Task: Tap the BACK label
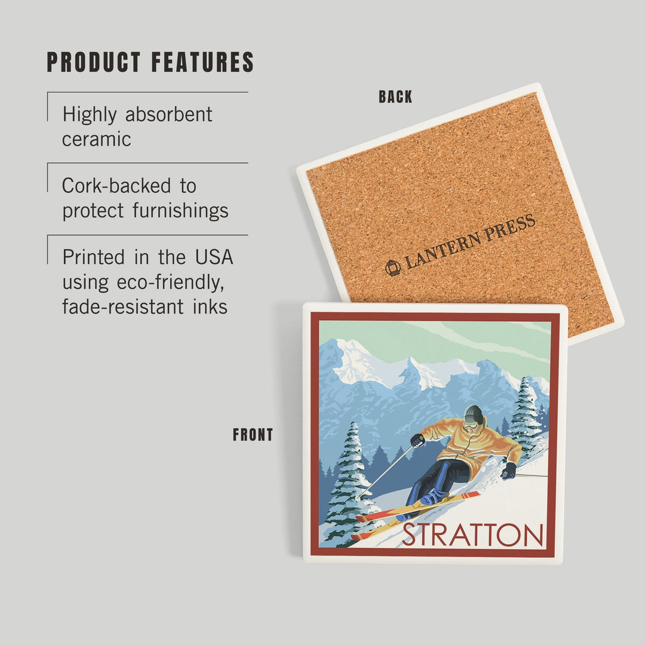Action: tap(395, 97)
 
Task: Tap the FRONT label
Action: tap(253, 435)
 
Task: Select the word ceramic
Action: tap(97, 139)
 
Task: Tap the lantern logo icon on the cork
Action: tap(393, 268)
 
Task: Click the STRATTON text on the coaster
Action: tap(472, 535)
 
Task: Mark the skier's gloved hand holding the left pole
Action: tap(417, 440)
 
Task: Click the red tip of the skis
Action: tap(472, 494)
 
